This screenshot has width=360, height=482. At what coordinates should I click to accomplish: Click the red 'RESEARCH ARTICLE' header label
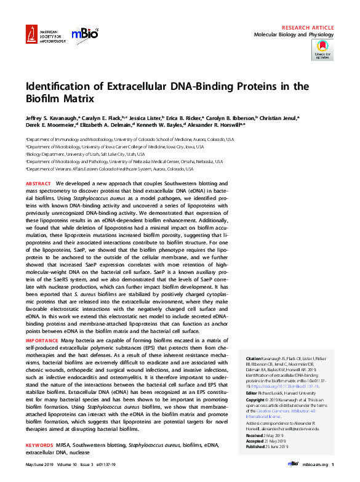(x=308, y=28)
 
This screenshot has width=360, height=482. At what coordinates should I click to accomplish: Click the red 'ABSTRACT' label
(x=38, y=184)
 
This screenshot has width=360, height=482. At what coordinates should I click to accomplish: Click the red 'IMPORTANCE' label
(x=42, y=340)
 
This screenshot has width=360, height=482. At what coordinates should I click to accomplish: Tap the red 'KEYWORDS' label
(x=39, y=444)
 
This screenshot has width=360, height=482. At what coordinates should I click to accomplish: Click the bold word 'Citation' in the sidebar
(x=254, y=358)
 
